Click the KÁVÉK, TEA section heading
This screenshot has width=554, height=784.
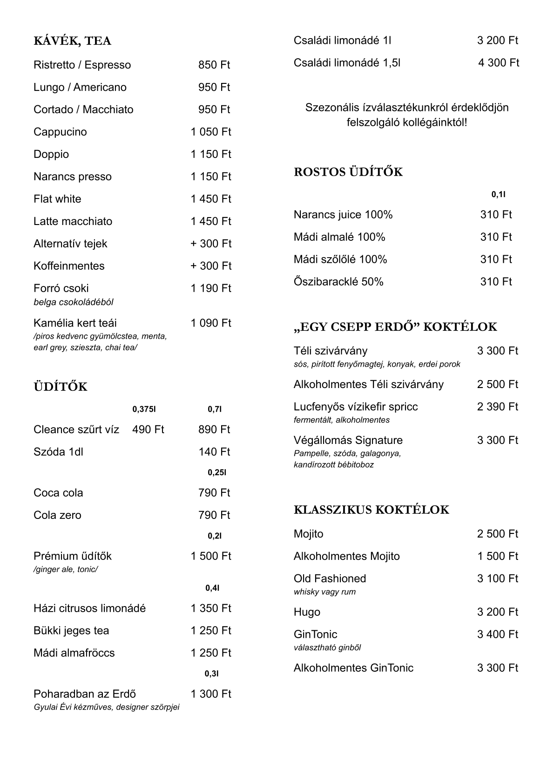pyautogui.click(x=72, y=41)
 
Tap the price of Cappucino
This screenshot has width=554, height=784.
pyautogui.click(x=210, y=132)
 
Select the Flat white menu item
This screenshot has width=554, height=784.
pyautogui.click(x=57, y=199)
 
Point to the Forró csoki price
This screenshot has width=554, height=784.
pyautogui.click(x=210, y=288)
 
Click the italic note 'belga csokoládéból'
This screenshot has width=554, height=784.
pyautogui.click(x=74, y=302)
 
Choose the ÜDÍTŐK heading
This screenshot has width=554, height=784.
pyautogui.click(x=61, y=387)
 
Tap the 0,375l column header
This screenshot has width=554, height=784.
pyautogui.click(x=144, y=409)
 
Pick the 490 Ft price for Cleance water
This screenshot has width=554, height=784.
pyautogui.click(x=148, y=429)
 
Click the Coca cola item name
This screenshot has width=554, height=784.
pyautogui.click(x=58, y=493)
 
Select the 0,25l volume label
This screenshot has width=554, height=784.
pyautogui.click(x=217, y=473)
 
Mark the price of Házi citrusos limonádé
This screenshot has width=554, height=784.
pyautogui.click(x=210, y=608)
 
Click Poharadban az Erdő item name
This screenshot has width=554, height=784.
pyautogui.click(x=85, y=694)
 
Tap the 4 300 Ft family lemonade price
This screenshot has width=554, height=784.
pyautogui.click(x=498, y=63)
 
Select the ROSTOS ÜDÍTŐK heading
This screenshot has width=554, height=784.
pyautogui.click(x=348, y=172)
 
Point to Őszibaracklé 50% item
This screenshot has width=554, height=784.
pyautogui.click(x=338, y=282)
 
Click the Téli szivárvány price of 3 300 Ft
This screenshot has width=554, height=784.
pyautogui.click(x=497, y=351)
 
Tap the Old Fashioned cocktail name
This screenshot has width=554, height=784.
pyautogui.click(x=330, y=579)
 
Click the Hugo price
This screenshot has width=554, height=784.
pyautogui.click(x=497, y=612)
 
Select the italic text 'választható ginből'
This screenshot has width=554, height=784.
pyautogui.click(x=327, y=648)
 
